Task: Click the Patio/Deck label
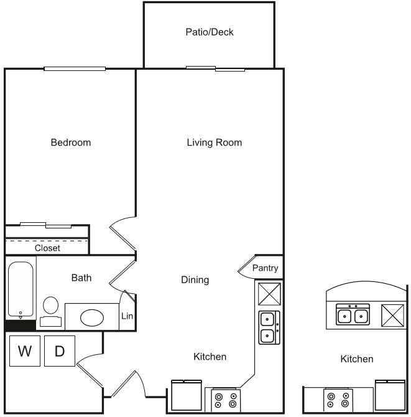[209, 32]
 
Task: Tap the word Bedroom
[70, 143]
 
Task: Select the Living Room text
[214, 143]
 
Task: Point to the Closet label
[47, 248]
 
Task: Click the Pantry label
[265, 268]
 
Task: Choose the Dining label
[195, 280]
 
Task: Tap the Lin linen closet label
[127, 316]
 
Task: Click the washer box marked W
[25, 351]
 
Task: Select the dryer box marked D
[60, 351]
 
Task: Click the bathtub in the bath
[21, 290]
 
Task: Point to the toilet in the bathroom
[50, 310]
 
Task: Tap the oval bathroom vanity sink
[93, 317]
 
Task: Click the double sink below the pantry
[269, 327]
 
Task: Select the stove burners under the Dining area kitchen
[225, 400]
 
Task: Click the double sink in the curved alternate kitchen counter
[353, 316]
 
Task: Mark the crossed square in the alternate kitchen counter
[393, 316]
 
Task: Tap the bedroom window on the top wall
[74, 68]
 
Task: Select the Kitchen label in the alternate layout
[357, 359]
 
